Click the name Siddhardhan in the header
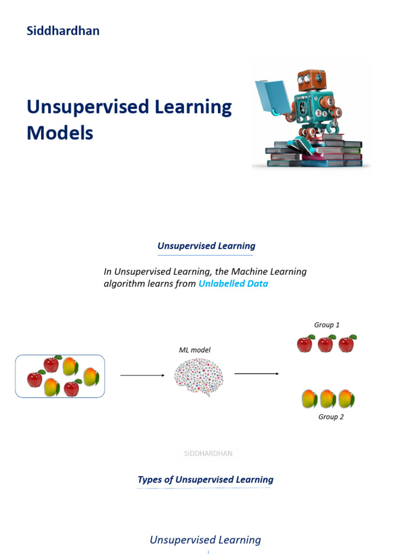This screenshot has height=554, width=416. coord(63,31)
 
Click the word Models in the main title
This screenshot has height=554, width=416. coord(60,133)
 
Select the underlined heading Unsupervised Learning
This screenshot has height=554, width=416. coord(206,246)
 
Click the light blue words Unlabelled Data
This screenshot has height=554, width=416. coord(233,283)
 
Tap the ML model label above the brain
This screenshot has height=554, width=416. coord(194,350)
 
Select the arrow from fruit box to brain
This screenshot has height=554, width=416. coord(142,375)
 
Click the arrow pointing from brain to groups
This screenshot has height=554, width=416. coord(256,373)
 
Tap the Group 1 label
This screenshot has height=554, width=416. coord(327,325)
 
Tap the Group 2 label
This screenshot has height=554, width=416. coord(331,417)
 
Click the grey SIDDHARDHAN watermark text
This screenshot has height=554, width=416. coord(209,453)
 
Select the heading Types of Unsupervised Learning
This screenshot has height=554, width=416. coord(205,479)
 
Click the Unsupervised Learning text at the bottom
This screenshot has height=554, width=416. coord(205,540)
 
